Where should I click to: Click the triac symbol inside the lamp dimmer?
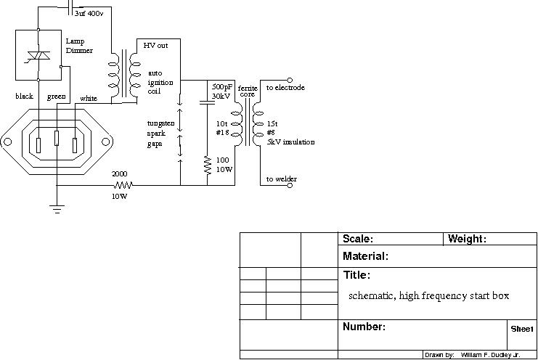[x=38, y=56]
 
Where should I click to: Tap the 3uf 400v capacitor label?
[x=89, y=13]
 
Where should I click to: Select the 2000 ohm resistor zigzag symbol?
[x=123, y=186]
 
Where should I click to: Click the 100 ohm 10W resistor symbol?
[x=208, y=165]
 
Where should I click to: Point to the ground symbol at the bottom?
[x=57, y=209]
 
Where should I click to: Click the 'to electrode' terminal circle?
[x=290, y=81]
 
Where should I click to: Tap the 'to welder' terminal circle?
[x=290, y=186]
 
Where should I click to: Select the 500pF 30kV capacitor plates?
[x=207, y=102]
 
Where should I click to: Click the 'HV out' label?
[x=155, y=46]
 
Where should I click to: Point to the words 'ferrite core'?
[x=248, y=91]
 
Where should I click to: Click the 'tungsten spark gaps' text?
[x=160, y=134]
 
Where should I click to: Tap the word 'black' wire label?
[x=25, y=96]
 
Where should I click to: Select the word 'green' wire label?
[x=57, y=97]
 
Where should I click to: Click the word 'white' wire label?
[x=89, y=99]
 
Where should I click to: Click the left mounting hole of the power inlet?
[x=7, y=142]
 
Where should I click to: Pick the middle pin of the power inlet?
[x=57, y=138]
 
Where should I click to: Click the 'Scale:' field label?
[x=358, y=239]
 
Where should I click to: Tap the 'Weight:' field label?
[x=467, y=239]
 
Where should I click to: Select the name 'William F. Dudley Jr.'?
[x=490, y=355]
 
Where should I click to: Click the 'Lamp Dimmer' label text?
[x=79, y=46]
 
